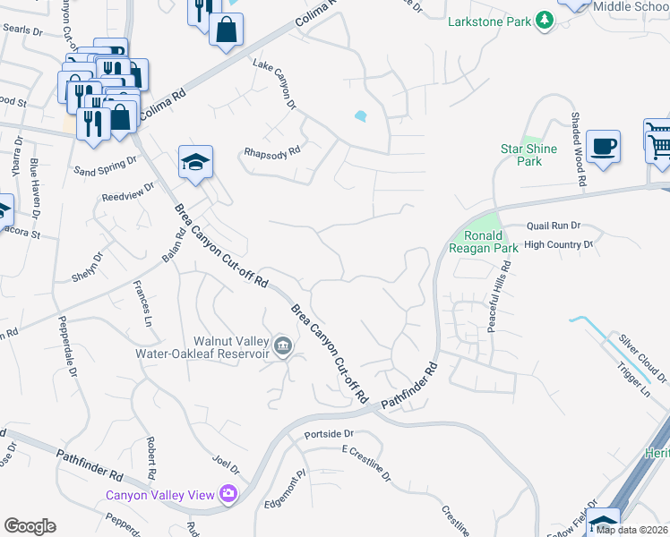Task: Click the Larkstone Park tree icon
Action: (x=543, y=20)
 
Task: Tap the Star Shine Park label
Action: (x=528, y=155)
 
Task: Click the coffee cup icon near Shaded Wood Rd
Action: (x=603, y=145)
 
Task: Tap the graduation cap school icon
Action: (x=195, y=161)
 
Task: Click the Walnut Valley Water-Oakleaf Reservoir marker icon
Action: (x=283, y=346)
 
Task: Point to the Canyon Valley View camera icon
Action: (x=228, y=494)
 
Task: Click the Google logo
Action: (x=30, y=525)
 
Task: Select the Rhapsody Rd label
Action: (x=272, y=153)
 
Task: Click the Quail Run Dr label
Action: (x=554, y=226)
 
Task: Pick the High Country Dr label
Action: (x=558, y=243)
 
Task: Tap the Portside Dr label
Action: (x=329, y=434)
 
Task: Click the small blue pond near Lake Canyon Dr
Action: (x=360, y=115)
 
